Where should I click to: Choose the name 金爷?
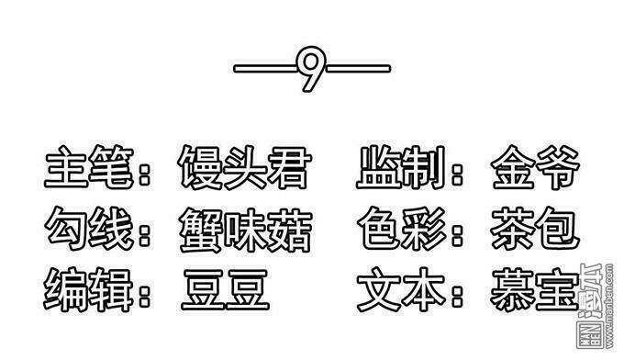pyautogui.click(x=535, y=171)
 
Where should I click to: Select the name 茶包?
pyautogui.click(x=535, y=231)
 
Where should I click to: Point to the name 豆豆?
pyautogui.click(x=225, y=289)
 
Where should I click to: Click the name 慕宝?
pyautogui.click(x=535, y=289)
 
